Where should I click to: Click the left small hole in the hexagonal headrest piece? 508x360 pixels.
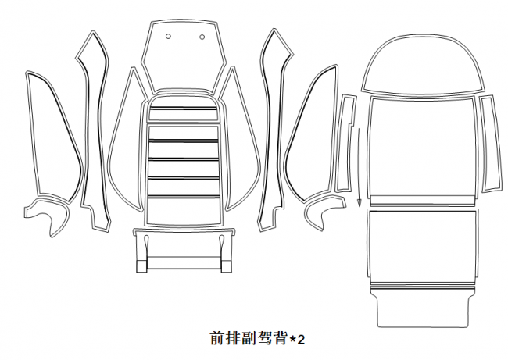(x=168, y=36)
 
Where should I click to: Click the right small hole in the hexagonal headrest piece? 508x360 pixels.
(x=202, y=37)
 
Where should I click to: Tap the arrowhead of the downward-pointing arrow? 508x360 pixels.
(x=359, y=203)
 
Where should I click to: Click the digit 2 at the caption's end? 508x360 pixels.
(x=301, y=340)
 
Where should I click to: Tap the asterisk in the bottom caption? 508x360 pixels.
(x=292, y=339)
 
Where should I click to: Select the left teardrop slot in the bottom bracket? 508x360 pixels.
(x=146, y=242)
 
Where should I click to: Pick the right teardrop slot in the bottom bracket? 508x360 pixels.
(x=222, y=242)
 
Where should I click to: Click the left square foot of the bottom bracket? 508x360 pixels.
(x=141, y=266)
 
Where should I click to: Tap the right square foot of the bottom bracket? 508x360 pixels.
(x=227, y=266)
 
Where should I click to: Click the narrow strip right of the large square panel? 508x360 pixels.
(x=491, y=142)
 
